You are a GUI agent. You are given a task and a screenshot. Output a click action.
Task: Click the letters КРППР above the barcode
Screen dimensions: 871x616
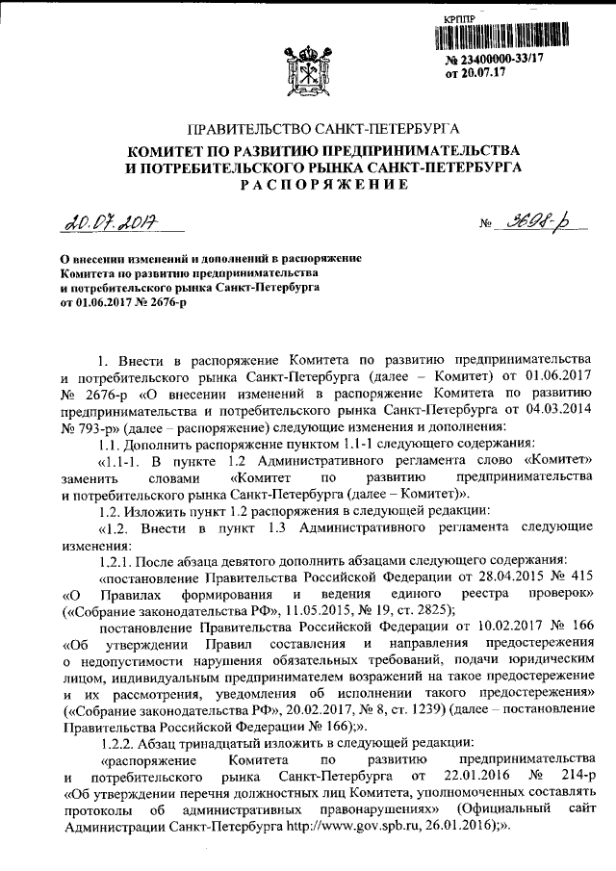(462, 18)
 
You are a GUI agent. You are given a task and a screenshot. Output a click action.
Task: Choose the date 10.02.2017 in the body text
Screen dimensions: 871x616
(500, 627)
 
